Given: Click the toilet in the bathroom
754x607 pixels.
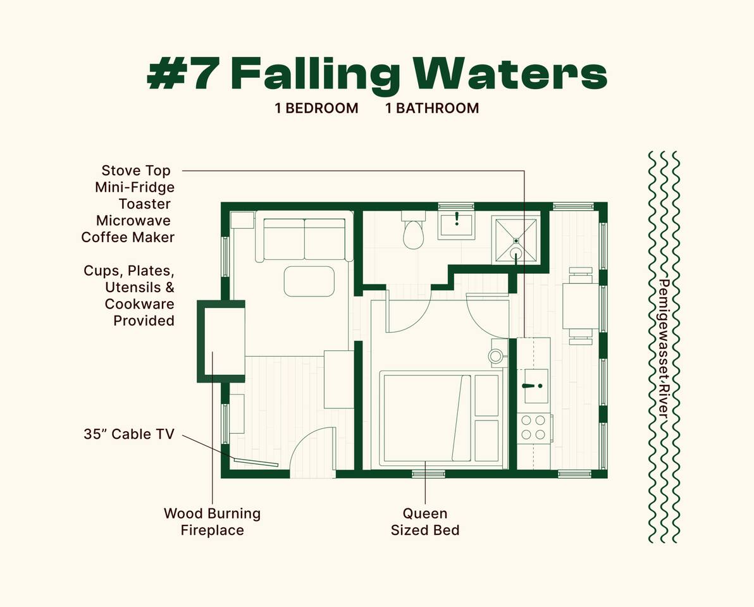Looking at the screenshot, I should click(414, 233).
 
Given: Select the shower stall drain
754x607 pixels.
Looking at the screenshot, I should click(516, 240).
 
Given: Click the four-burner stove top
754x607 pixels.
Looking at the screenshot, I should click(533, 427).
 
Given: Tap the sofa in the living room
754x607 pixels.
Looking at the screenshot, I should click(304, 239).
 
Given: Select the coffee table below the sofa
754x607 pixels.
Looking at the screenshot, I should click(309, 281).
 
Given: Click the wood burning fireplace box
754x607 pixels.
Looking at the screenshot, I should click(222, 341).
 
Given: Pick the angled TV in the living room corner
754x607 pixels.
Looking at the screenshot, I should click(256, 463).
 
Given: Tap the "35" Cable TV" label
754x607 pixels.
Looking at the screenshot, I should click(128, 434).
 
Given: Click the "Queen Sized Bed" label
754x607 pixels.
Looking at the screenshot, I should click(425, 522).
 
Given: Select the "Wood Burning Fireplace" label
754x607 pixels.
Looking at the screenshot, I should click(212, 522).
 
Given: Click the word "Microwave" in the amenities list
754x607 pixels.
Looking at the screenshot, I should click(133, 221).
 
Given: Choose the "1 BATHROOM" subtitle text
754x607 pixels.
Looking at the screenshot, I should click(432, 108).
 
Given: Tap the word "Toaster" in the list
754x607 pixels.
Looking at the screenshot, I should click(144, 204).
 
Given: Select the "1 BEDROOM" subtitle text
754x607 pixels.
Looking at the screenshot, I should click(316, 108).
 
